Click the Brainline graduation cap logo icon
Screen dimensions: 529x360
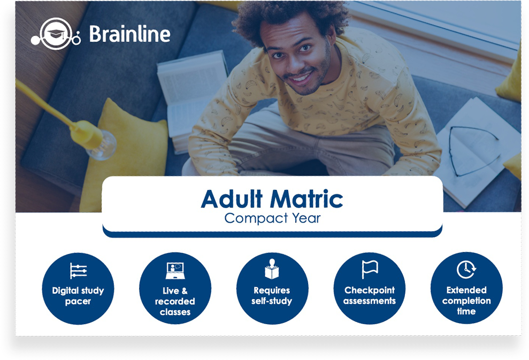56,34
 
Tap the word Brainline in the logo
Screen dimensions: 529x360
130,34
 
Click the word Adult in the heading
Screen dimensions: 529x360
232,198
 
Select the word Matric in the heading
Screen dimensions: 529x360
306,198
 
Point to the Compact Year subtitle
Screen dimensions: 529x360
272,218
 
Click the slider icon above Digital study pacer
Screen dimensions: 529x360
78,271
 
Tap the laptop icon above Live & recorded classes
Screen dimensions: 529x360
175,271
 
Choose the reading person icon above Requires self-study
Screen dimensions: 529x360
272,269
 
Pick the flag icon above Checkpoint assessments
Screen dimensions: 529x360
370,269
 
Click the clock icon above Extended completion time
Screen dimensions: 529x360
466,269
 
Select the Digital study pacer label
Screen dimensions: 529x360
78,296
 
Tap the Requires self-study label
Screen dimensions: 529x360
272,296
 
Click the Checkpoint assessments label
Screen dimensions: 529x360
370,296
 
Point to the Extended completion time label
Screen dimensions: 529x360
466,301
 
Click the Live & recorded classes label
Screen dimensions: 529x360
175,301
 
